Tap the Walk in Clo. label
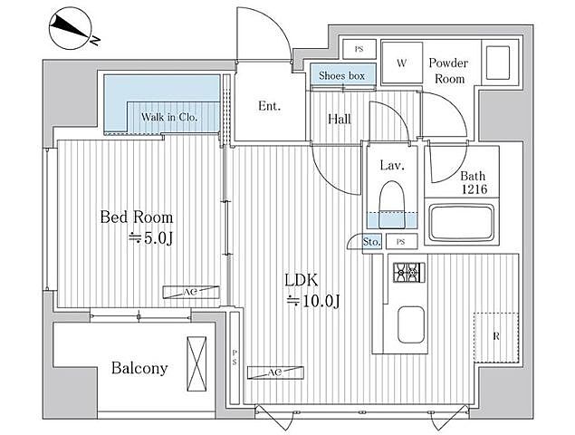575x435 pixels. tap(169, 117)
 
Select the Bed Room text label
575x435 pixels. tap(137, 217)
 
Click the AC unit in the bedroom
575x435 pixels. tap(191, 292)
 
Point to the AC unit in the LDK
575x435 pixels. tap(275, 372)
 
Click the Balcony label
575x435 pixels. tap(139, 368)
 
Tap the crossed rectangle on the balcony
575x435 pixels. tap(196, 363)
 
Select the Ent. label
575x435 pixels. tap(269, 106)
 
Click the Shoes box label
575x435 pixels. tap(341, 76)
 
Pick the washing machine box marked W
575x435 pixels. tap(401, 63)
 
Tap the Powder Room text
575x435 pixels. tap(449, 71)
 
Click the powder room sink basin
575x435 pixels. tap(498, 63)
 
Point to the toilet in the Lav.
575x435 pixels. tap(392, 204)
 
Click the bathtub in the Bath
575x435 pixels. tap(462, 223)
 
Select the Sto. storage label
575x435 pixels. tap(371, 242)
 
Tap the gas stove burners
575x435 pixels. tap(409, 273)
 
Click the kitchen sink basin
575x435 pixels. tap(411, 324)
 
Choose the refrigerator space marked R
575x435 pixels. tap(496, 336)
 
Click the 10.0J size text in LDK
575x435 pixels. tap(314, 301)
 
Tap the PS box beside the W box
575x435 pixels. tap(359, 49)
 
